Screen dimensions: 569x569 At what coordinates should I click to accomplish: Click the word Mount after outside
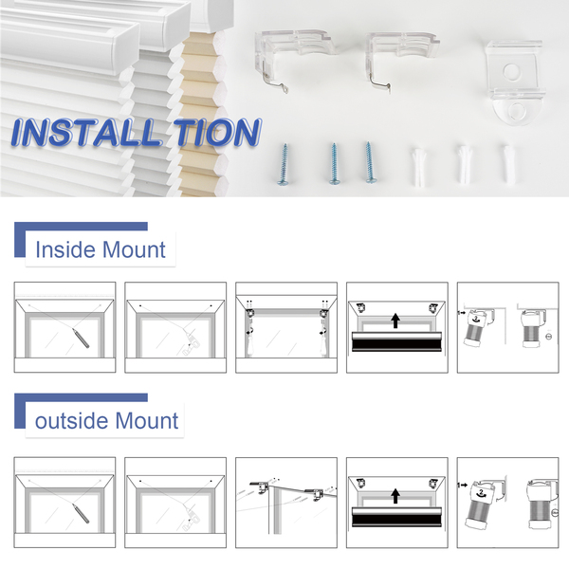(x=147, y=421)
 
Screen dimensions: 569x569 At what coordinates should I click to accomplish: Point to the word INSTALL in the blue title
(x=86, y=133)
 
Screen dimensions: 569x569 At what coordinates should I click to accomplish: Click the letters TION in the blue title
(x=217, y=132)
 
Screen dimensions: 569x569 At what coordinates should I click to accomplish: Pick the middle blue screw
(x=334, y=164)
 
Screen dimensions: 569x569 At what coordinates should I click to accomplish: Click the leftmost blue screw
(x=283, y=164)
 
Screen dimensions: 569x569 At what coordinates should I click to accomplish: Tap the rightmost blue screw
(x=370, y=162)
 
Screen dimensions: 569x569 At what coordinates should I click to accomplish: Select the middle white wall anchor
(x=464, y=164)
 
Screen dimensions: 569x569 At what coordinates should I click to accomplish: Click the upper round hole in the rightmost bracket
(x=511, y=71)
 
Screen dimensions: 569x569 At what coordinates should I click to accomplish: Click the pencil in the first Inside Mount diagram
(x=81, y=339)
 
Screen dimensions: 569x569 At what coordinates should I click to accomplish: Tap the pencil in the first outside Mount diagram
(x=81, y=513)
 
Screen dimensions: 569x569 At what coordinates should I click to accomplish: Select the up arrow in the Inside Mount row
(x=395, y=321)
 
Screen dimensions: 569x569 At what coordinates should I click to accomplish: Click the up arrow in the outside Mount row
(x=395, y=496)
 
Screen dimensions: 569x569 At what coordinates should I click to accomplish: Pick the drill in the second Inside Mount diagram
(x=191, y=344)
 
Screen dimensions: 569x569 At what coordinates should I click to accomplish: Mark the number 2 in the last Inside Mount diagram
(x=476, y=319)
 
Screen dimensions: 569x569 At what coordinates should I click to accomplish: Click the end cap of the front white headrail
(x=125, y=49)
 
